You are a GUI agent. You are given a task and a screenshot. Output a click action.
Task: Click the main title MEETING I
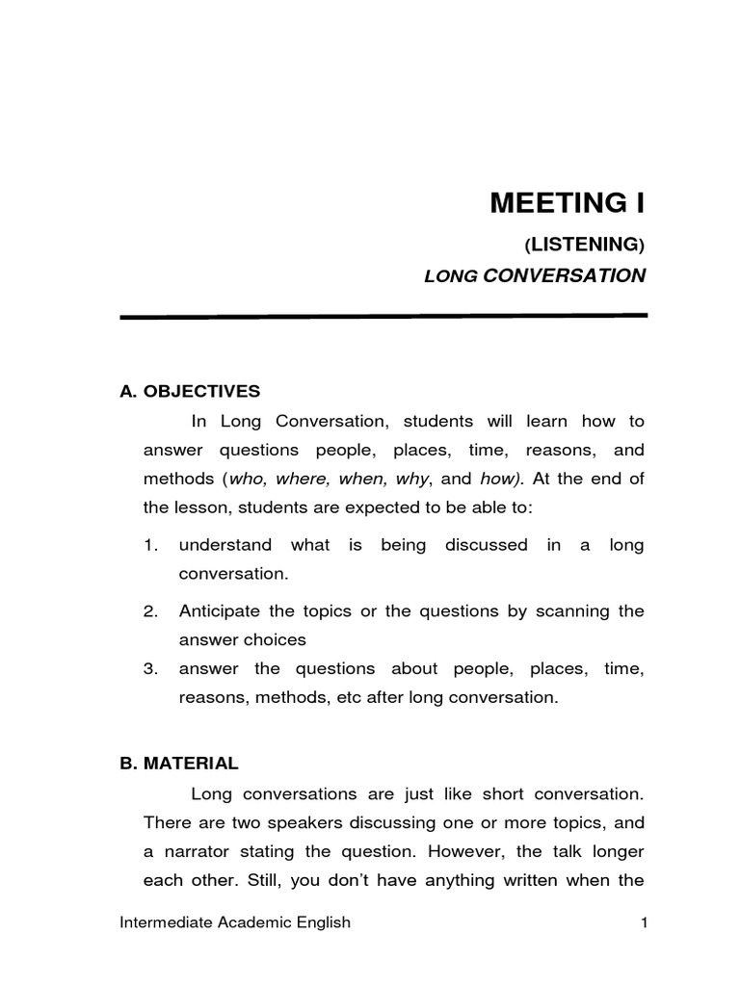click(x=568, y=204)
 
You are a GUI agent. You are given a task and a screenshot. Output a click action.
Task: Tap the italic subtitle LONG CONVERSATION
click(x=535, y=276)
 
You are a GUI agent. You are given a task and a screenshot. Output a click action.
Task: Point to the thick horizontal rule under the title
click(x=383, y=316)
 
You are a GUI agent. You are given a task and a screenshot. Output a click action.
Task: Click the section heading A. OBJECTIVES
click(x=190, y=391)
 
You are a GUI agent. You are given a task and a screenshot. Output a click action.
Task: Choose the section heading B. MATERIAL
click(x=178, y=763)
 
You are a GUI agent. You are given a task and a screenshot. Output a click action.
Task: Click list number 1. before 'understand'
click(x=149, y=545)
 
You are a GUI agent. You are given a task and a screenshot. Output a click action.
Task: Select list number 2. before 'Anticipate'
click(x=149, y=611)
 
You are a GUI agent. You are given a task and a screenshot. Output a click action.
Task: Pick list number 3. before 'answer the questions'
click(x=149, y=668)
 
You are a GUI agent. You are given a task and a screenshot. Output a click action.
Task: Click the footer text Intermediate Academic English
click(x=235, y=923)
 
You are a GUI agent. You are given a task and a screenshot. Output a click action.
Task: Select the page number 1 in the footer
click(x=641, y=923)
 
